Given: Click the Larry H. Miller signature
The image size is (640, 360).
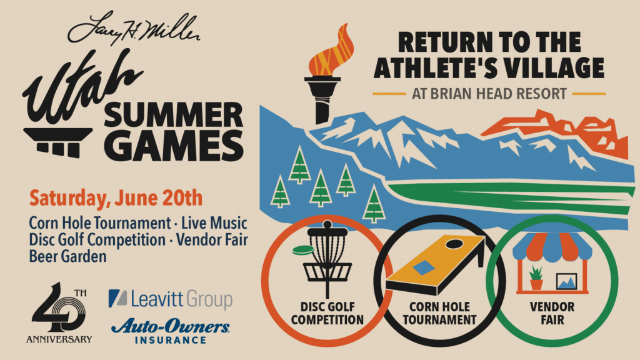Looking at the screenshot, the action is click(x=134, y=29).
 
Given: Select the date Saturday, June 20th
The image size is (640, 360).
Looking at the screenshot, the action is click(x=116, y=198).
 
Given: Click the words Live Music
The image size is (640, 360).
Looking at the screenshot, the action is click(x=214, y=223).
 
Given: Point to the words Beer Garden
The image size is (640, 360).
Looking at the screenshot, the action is click(x=67, y=256).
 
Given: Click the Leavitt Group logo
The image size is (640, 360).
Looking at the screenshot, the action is click(x=170, y=299).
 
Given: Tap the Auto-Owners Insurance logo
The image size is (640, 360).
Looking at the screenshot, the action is click(x=171, y=331).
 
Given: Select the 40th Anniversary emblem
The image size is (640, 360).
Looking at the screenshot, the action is click(x=59, y=312).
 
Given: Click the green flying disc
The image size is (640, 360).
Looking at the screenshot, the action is click(x=303, y=249).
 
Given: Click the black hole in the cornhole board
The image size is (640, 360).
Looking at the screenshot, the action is click(x=454, y=244).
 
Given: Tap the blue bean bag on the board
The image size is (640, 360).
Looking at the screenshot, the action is click(x=424, y=267).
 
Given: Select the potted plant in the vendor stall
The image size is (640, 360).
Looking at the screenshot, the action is click(x=536, y=277).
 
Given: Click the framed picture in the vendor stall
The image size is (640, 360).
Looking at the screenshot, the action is click(x=566, y=281).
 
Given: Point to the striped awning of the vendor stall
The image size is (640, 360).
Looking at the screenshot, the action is click(x=552, y=247).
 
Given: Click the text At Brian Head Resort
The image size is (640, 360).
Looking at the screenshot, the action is click(x=489, y=94).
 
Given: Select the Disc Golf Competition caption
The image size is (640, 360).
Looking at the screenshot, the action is click(x=327, y=314).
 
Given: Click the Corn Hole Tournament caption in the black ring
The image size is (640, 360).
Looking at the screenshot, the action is click(x=439, y=314).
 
